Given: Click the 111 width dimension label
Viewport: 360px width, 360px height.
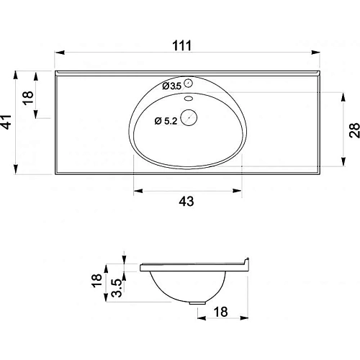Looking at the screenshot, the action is click(x=182, y=45).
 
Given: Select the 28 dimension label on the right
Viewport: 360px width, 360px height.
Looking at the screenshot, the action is click(x=354, y=130).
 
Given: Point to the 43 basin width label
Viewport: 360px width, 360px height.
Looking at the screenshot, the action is click(x=186, y=201).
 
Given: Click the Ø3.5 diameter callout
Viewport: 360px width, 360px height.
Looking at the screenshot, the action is click(x=172, y=86).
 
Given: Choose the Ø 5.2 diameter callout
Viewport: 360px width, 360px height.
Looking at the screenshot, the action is click(x=166, y=121).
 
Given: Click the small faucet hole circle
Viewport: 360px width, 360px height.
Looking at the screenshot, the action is click(x=189, y=83).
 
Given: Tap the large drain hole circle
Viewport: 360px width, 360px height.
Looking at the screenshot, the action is click(x=189, y=117).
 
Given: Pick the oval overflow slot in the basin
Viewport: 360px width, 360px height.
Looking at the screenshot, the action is click(x=189, y=98).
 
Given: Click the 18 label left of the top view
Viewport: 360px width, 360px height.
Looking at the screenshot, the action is click(x=28, y=98).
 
